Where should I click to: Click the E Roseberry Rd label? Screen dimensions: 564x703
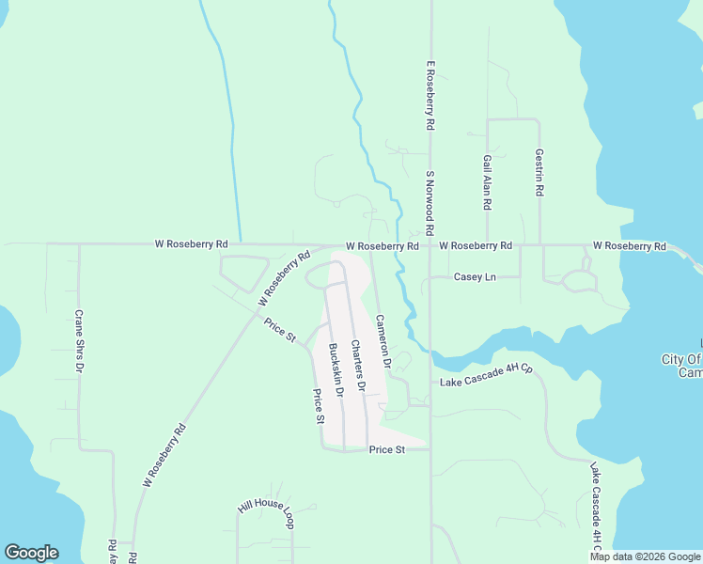pyautogui.click(x=430, y=96)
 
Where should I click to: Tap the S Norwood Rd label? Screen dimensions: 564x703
pyautogui.click(x=429, y=202)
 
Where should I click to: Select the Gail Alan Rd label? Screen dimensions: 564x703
pyautogui.click(x=487, y=182)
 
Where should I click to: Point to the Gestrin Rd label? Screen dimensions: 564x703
pyautogui.click(x=539, y=172)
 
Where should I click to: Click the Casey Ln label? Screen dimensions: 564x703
pyautogui.click(x=475, y=277)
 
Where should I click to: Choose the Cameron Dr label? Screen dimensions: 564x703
pyautogui.click(x=383, y=339)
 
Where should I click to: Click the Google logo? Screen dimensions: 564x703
pyautogui.click(x=31, y=553)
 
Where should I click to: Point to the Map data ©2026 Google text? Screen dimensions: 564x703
pyautogui.click(x=645, y=556)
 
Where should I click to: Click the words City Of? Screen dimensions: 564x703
pyautogui.click(x=681, y=359)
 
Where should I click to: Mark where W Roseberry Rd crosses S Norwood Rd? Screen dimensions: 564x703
pyautogui.click(x=430, y=245)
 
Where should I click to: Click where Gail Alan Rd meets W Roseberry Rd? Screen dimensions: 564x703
pyautogui.click(x=487, y=245)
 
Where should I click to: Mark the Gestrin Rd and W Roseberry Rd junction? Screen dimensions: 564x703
pyautogui.click(x=540, y=245)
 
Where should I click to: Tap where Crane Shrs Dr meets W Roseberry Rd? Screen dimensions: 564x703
pyautogui.click(x=79, y=244)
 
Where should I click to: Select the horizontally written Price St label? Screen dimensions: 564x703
pyautogui.click(x=386, y=450)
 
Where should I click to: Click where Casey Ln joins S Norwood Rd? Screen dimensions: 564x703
pyautogui.click(x=430, y=277)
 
